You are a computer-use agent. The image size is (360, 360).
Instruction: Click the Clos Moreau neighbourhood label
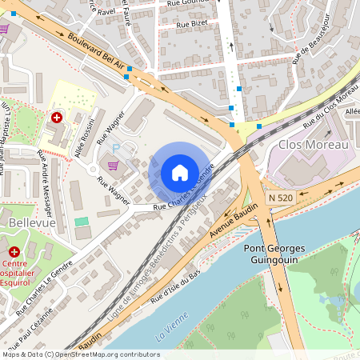(x=314, y=145)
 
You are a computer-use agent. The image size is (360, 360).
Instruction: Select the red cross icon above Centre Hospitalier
(x=13, y=251)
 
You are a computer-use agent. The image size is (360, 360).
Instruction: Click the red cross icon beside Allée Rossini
(x=57, y=118)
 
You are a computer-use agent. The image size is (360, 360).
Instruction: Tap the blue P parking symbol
(x=115, y=149)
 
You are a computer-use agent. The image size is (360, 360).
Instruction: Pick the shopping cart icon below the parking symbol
(x=113, y=166)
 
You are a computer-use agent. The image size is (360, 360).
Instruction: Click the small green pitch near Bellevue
(x=82, y=221)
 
